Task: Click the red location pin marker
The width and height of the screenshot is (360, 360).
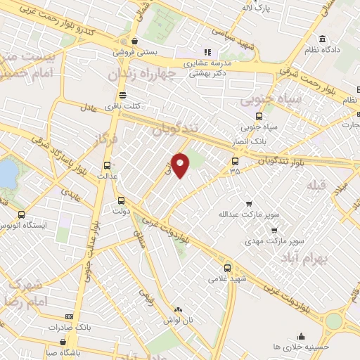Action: point(181,164)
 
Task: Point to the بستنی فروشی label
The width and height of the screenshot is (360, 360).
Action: point(138,51)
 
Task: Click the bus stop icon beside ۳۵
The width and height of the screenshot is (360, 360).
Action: point(235,160)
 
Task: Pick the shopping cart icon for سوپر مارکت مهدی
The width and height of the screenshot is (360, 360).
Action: point(274,230)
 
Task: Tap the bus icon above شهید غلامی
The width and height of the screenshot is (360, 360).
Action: point(227,267)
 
